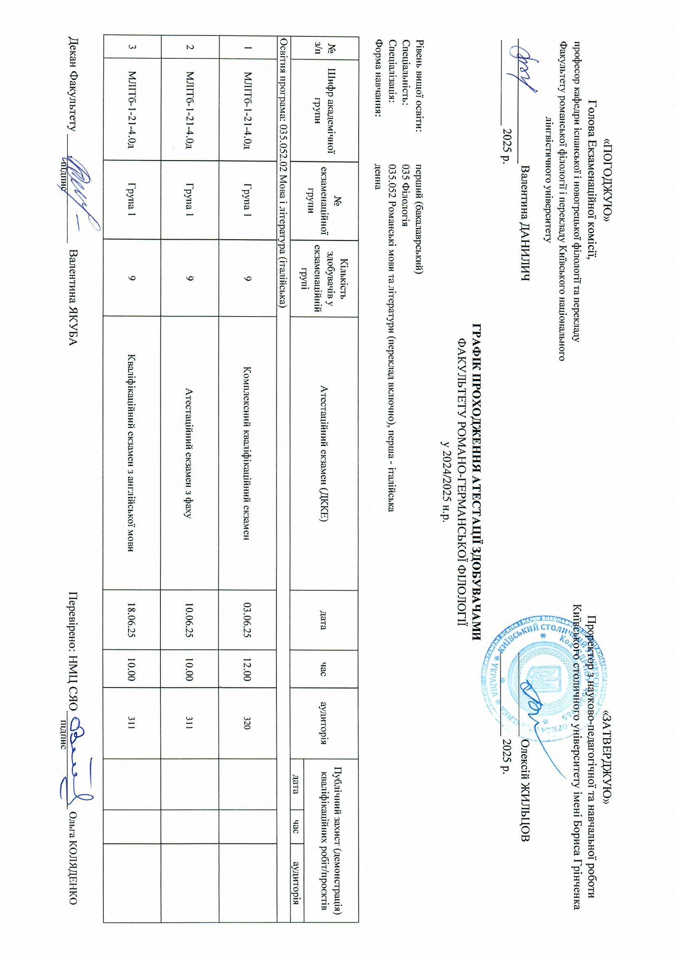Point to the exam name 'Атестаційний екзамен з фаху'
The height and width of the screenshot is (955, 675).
pyautogui.click(x=189, y=454)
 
